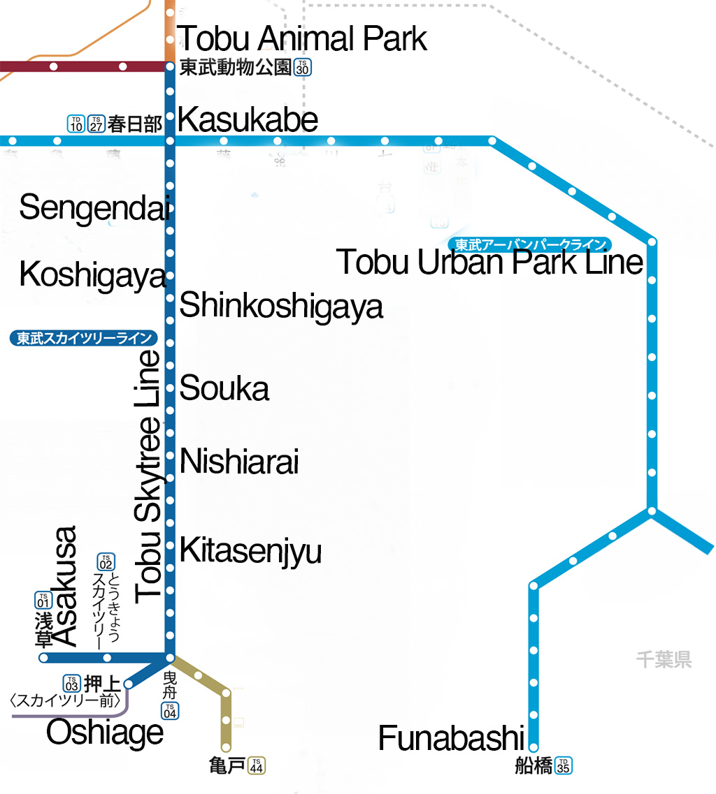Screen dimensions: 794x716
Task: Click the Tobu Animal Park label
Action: coord(301,38)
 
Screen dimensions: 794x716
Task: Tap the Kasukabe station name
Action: coord(248,120)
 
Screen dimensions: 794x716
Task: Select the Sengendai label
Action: coord(94,208)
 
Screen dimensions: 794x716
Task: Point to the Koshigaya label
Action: coord(93,275)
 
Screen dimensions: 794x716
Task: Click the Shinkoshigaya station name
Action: coord(281,306)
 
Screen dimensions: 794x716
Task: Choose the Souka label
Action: coord(224,388)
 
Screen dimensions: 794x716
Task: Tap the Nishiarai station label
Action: coord(239,462)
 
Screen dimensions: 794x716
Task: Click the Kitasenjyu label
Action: coord(250,550)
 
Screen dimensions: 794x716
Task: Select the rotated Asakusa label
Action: coord(64,587)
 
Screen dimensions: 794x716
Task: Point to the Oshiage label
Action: coord(105,733)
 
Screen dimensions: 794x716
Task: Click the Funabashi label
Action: coord(451,739)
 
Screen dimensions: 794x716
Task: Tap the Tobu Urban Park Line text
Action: coord(489,263)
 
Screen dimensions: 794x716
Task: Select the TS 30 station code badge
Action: coord(302,68)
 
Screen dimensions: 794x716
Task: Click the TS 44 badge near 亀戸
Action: coord(257,765)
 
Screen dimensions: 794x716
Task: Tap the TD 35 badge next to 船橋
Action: coord(564,765)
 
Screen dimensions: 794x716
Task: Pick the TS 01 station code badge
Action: coord(43,600)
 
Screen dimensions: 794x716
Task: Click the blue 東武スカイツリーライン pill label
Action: coord(84,339)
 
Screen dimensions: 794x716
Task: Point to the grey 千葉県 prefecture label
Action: coord(664,659)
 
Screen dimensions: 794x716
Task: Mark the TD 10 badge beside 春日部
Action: coord(76,124)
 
